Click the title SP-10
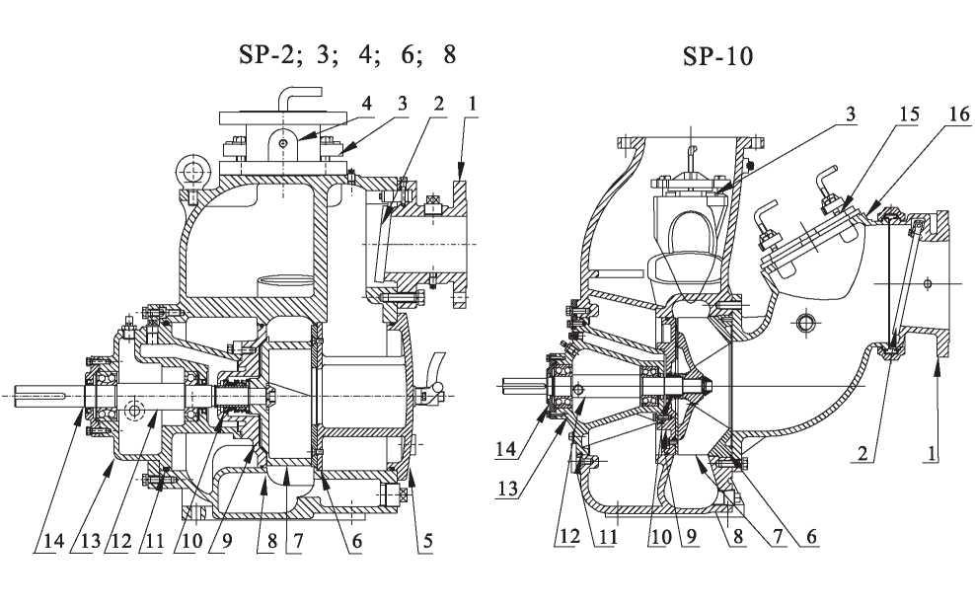(717, 56)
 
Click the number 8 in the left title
(450, 53)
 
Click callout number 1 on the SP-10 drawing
(932, 455)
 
